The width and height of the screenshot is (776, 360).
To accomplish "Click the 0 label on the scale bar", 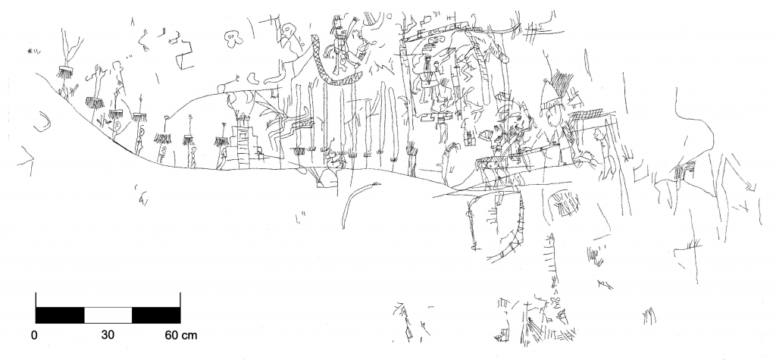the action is point(34,336).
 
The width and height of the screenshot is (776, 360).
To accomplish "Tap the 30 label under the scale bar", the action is point(108,336).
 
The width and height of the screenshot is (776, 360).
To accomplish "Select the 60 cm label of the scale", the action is point(180,336).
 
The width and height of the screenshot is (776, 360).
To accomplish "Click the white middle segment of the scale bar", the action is point(108,315).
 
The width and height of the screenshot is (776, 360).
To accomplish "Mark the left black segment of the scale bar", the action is point(60,315).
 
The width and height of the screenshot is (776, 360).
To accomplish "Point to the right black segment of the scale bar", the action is point(156,315).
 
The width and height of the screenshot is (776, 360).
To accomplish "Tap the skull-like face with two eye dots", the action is point(233,39).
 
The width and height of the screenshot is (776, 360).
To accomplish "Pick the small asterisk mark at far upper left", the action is point(30,51).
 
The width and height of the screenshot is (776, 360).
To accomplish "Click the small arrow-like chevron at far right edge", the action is point(751,186).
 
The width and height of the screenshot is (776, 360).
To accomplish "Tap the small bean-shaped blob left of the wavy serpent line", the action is point(253,78).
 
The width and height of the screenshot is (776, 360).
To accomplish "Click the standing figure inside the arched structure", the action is point(427,74).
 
